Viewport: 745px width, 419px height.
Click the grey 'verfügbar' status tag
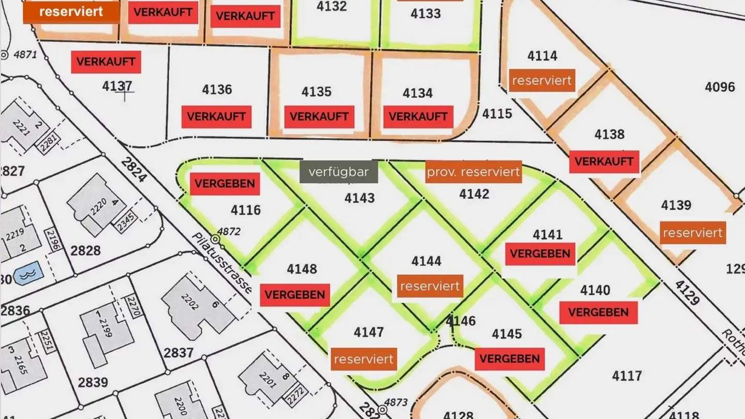(339, 172)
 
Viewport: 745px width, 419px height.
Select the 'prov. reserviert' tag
(473, 172)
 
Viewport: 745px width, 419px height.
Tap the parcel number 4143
(360, 198)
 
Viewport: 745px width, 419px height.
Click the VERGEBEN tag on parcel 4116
(225, 184)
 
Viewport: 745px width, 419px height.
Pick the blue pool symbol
(25, 274)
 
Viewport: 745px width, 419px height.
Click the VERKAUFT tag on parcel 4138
(604, 161)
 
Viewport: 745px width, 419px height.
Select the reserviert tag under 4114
(542, 81)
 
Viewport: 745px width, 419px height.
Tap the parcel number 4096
(720, 86)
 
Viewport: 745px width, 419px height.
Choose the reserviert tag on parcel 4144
(430, 286)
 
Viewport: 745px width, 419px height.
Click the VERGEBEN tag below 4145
(510, 358)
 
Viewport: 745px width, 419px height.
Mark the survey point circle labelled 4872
(214, 240)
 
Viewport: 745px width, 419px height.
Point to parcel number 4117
(627, 376)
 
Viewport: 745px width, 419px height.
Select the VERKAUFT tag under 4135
(319, 117)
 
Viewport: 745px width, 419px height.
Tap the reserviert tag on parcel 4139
(692, 233)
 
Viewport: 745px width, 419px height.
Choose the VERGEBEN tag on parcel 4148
(295, 295)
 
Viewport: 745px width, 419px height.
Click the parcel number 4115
(497, 114)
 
